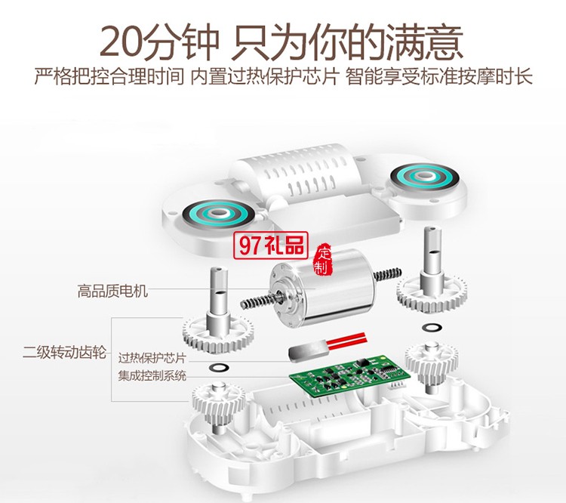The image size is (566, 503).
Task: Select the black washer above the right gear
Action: point(432,327)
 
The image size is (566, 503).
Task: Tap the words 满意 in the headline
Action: point(433,42)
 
